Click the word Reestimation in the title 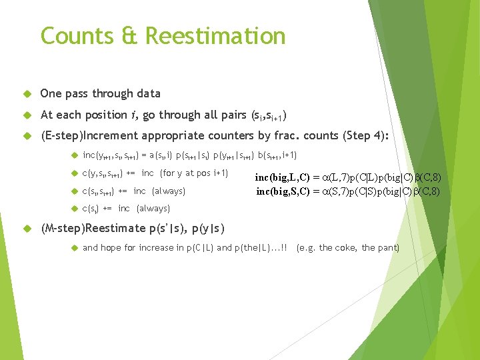pyautogui.click(x=216, y=35)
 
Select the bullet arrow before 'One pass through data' pyautogui.click(x=26, y=94)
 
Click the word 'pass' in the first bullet pyautogui.click(x=83, y=93)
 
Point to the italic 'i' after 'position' pyautogui.click(x=135, y=115)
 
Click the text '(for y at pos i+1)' pyautogui.click(x=193, y=173)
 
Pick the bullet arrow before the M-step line pyautogui.click(x=26, y=229)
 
